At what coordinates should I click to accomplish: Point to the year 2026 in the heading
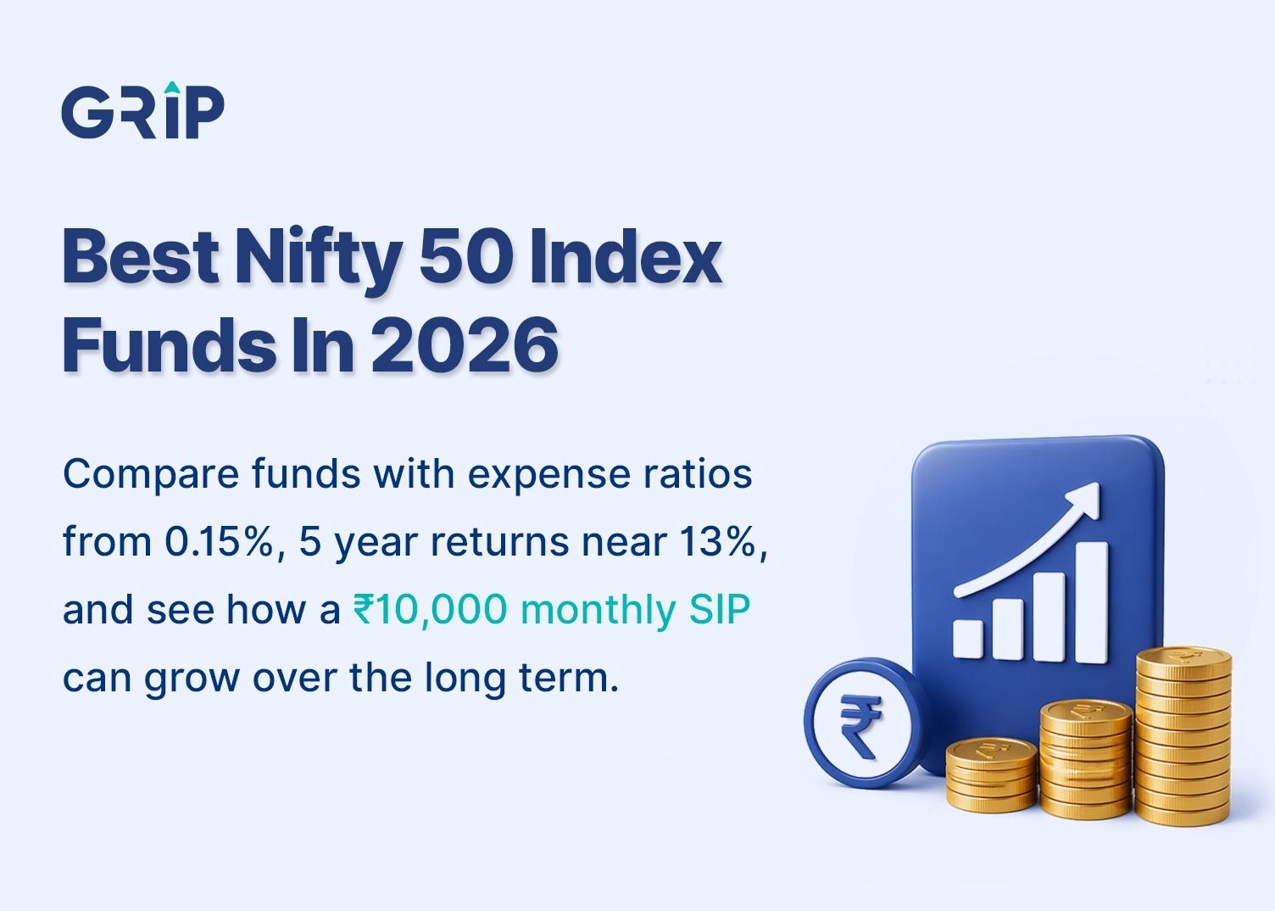coord(465,345)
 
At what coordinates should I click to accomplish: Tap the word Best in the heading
coord(140,255)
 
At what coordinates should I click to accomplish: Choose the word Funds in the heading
coord(169,344)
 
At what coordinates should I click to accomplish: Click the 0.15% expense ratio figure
coord(219,541)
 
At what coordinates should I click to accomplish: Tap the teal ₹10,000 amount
coord(430,609)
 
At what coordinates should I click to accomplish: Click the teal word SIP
coord(720,609)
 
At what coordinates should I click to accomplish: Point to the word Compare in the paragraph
coord(151,475)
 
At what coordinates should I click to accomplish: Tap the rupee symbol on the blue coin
coord(860,724)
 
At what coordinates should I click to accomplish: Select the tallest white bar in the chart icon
coord(1092,603)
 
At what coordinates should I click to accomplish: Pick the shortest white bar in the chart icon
coord(967,640)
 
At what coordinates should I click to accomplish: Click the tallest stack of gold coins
coord(1183,735)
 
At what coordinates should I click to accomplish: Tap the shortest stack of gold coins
coord(992,774)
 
